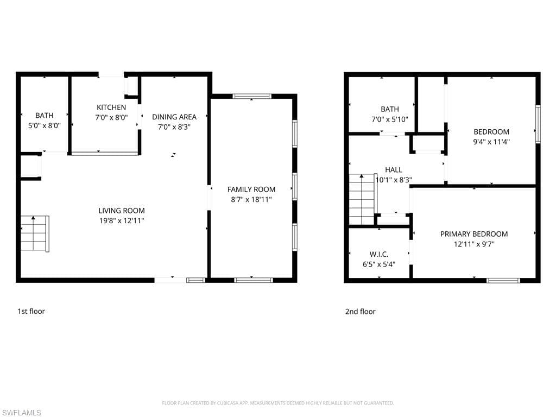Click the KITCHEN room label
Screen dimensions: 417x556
pos(111,108)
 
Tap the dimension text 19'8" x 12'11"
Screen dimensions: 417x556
pos(122,220)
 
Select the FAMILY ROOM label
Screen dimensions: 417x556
pos(251,189)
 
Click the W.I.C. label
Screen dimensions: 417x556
pos(378,254)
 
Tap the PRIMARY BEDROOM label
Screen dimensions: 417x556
pos(474,234)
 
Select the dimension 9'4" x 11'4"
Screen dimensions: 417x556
pos(491,142)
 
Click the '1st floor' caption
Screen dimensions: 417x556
pos(31,311)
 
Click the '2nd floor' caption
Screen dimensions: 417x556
pos(360,312)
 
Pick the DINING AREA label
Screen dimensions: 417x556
pos(174,117)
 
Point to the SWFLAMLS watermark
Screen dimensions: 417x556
pos(22,413)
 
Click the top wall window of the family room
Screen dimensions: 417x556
pos(252,96)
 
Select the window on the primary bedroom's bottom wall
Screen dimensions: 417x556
pos(503,280)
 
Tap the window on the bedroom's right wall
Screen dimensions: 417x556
pos(538,124)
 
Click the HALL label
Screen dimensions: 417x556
pos(394,170)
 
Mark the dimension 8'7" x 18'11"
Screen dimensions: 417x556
pos(251,199)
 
